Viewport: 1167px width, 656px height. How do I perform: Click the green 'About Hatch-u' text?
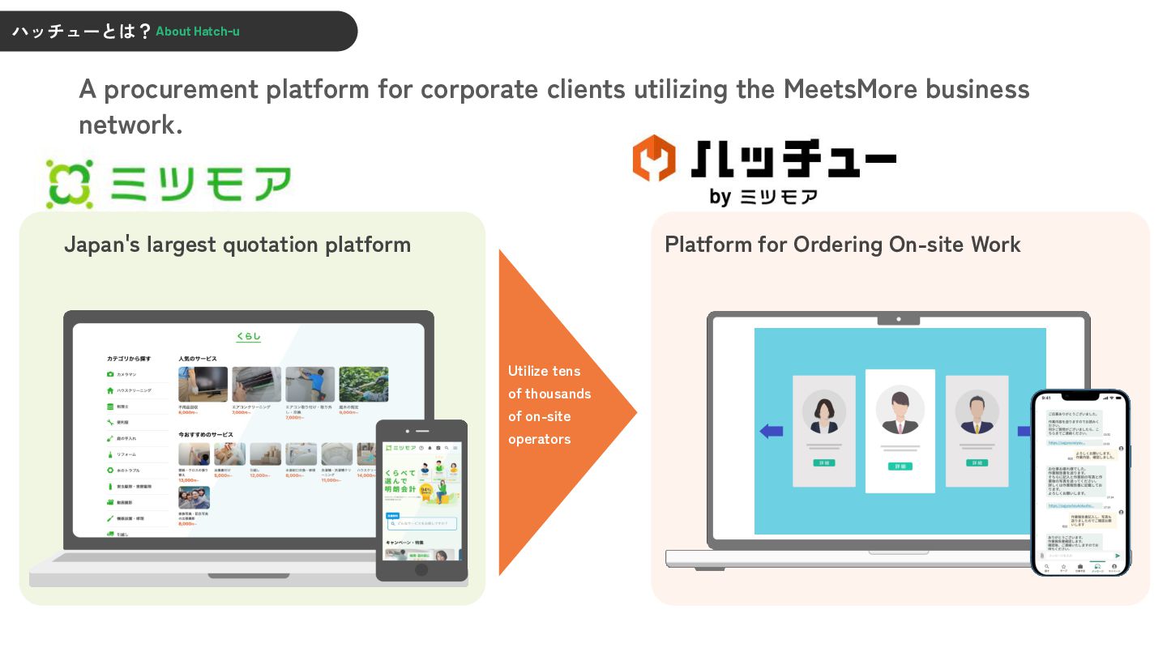click(197, 32)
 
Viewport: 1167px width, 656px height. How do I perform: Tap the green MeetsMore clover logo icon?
click(70, 183)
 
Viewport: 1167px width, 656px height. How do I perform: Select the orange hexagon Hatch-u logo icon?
click(654, 159)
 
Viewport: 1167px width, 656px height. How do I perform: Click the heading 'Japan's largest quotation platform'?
click(237, 245)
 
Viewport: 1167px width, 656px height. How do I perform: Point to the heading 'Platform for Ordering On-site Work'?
click(842, 245)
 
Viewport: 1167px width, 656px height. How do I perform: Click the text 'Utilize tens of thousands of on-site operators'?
click(549, 405)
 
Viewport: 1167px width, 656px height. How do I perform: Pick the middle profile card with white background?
click(900, 431)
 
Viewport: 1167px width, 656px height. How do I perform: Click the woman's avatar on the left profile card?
click(824, 412)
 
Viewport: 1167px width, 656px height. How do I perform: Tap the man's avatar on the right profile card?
click(976, 412)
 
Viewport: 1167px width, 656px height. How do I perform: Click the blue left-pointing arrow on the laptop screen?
click(771, 432)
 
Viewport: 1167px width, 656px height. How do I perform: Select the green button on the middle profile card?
click(900, 466)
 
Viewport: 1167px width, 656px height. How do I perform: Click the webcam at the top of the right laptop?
click(899, 320)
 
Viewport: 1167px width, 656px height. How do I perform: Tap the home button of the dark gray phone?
click(421, 570)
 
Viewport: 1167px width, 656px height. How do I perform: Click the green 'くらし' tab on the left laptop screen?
click(249, 336)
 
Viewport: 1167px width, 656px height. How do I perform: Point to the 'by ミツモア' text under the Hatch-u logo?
click(763, 197)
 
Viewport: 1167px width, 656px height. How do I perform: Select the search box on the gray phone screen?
click(421, 524)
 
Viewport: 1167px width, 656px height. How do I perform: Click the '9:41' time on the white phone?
click(1046, 398)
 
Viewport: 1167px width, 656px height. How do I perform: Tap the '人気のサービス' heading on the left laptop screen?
click(197, 358)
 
